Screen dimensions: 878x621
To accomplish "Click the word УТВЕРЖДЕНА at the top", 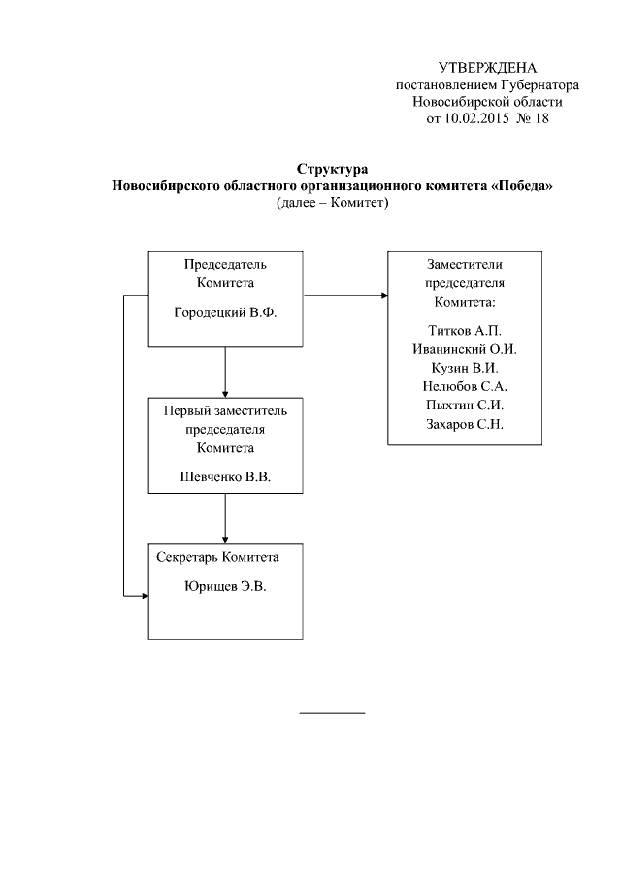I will (x=487, y=68).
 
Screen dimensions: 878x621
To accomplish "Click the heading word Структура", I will (x=332, y=170).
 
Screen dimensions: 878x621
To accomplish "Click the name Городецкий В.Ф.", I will (x=225, y=312).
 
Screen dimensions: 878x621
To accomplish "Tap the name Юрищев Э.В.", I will (x=225, y=587).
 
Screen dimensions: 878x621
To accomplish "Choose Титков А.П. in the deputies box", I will (x=464, y=331).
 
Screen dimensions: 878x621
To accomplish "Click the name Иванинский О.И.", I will (x=464, y=349).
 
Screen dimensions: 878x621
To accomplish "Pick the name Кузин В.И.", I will (x=464, y=368).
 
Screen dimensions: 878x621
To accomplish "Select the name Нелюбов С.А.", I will (x=464, y=386).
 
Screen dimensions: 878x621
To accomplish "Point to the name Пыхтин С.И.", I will (x=464, y=405).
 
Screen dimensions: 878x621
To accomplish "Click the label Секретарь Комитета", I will (x=218, y=558).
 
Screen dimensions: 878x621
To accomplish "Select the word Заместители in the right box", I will (x=464, y=264).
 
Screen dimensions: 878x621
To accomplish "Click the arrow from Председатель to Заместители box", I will (x=345, y=295).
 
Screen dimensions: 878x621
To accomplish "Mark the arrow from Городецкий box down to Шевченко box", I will (x=225, y=372).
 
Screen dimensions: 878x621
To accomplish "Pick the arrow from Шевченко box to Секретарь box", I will (x=225, y=518).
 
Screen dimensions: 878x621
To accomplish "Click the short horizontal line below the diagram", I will (x=332, y=713).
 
